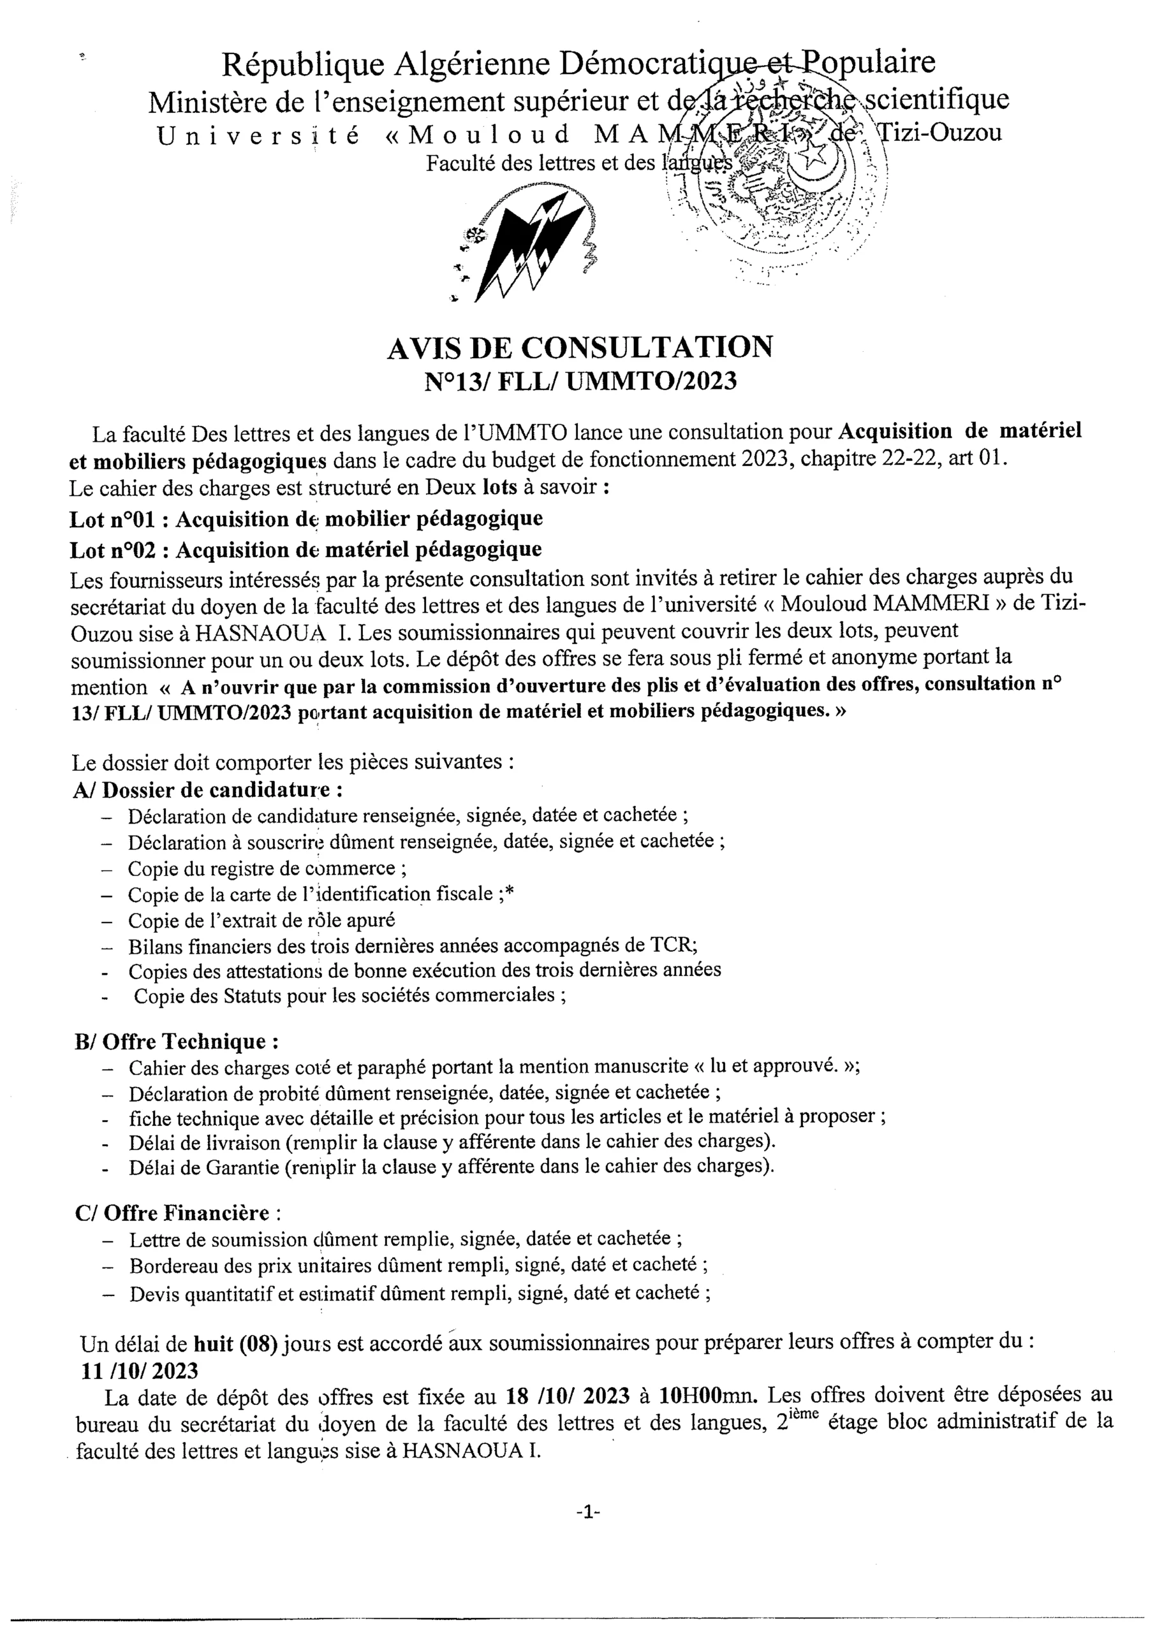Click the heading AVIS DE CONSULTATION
coord(580,347)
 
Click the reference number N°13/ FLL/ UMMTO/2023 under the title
coord(580,382)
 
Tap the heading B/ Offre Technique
coord(177,1042)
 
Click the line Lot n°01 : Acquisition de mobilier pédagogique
coord(306,519)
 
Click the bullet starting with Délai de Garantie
coord(451,1167)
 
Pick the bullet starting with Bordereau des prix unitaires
coord(418,1265)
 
